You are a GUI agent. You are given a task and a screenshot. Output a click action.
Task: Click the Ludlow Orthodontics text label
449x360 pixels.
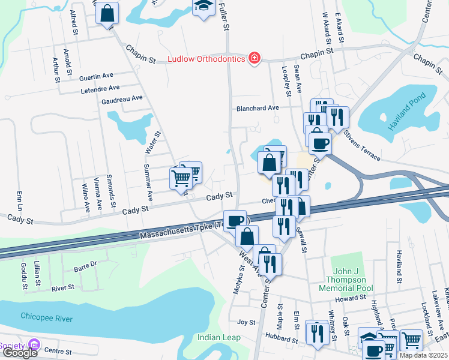pyautogui.click(x=206, y=59)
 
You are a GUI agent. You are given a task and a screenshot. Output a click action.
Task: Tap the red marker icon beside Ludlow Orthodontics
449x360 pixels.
pyautogui.click(x=255, y=58)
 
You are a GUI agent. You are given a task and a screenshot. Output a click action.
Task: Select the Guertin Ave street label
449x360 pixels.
pyautogui.click(x=97, y=76)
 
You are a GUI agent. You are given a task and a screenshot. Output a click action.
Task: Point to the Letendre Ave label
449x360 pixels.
pyautogui.click(x=101, y=91)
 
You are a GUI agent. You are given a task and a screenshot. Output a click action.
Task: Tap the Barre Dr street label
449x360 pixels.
pyautogui.click(x=85, y=264)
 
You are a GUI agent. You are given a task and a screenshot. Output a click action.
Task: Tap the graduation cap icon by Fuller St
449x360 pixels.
pyautogui.click(x=203, y=6)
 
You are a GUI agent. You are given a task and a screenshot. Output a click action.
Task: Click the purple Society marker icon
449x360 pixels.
pyautogui.click(x=34, y=346)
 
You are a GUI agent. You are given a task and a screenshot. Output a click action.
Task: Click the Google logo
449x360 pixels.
pyautogui.click(x=20, y=353)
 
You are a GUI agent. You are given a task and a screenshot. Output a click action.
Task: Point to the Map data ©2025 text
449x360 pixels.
pyautogui.click(x=423, y=355)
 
